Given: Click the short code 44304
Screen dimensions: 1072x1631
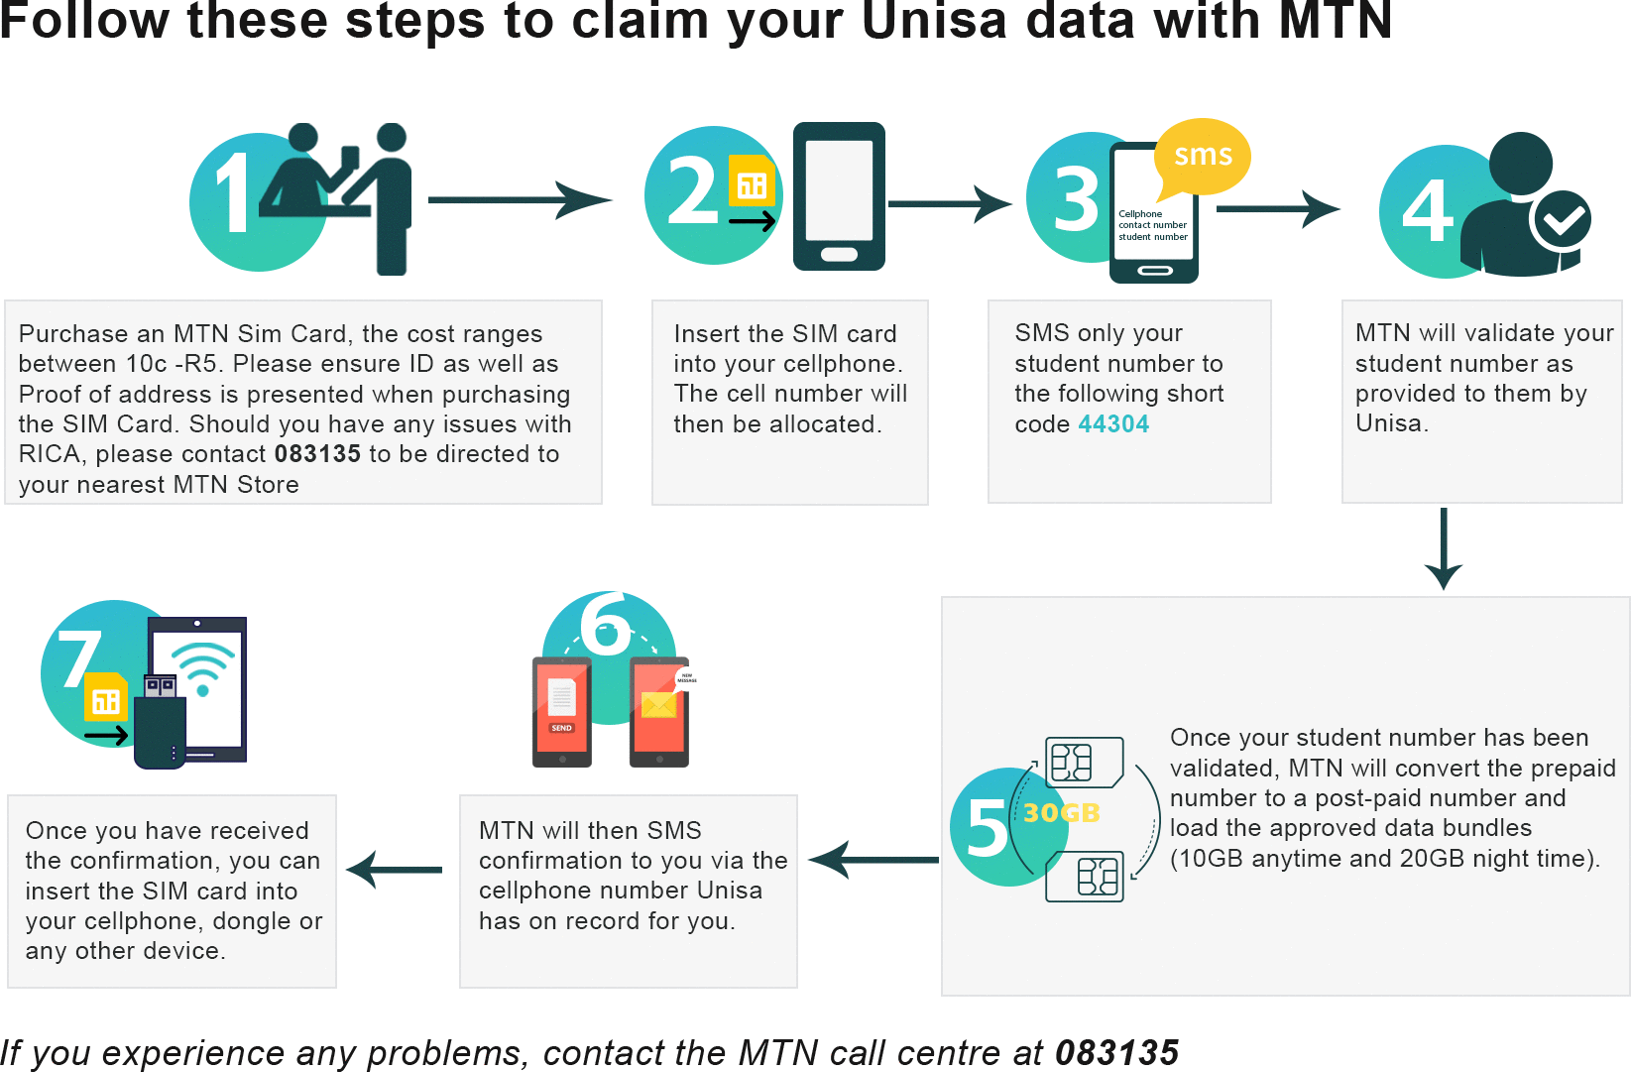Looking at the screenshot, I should pyautogui.click(x=1113, y=424).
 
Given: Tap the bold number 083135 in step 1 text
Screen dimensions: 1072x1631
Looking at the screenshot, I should pyautogui.click(x=317, y=454).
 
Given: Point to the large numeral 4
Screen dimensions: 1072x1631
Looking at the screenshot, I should pyautogui.click(x=1427, y=211).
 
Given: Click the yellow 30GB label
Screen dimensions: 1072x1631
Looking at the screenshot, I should pyautogui.click(x=1062, y=813).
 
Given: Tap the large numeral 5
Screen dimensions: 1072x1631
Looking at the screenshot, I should pyautogui.click(x=987, y=827).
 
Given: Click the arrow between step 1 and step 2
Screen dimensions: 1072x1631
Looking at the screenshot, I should pyautogui.click(x=521, y=200).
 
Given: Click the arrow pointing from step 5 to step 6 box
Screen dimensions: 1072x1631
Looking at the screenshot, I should pyautogui.click(x=873, y=860).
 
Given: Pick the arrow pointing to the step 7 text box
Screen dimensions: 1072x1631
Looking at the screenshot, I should pyautogui.click(x=395, y=870).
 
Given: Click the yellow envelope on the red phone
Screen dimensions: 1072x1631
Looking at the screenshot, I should pyautogui.click(x=658, y=705).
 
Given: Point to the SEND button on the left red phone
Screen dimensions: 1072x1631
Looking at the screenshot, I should pyautogui.click(x=561, y=728).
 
